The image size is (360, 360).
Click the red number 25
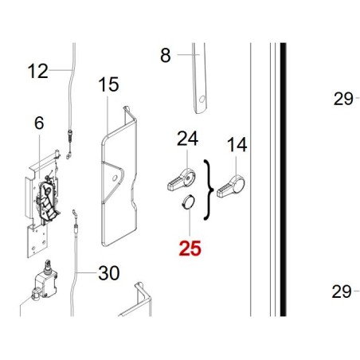click(x=190, y=248)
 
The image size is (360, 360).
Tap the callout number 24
click(x=187, y=138)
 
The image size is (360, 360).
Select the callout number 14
click(x=237, y=145)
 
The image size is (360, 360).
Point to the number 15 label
click(x=108, y=84)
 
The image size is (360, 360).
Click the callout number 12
click(x=38, y=71)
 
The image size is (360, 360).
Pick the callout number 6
click(x=39, y=123)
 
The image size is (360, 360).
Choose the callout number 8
click(x=166, y=55)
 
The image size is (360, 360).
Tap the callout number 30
click(x=109, y=273)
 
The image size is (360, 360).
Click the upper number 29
click(x=343, y=99)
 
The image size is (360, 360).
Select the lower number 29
click(x=342, y=292)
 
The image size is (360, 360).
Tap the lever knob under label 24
click(x=182, y=180)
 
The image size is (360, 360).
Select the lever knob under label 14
click(x=231, y=186)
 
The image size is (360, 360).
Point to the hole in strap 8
click(x=202, y=99)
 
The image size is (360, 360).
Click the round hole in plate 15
click(x=115, y=178)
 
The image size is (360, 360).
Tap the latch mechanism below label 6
click(x=48, y=202)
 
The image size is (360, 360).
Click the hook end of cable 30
click(x=73, y=213)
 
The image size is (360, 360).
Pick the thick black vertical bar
click(x=283, y=179)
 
